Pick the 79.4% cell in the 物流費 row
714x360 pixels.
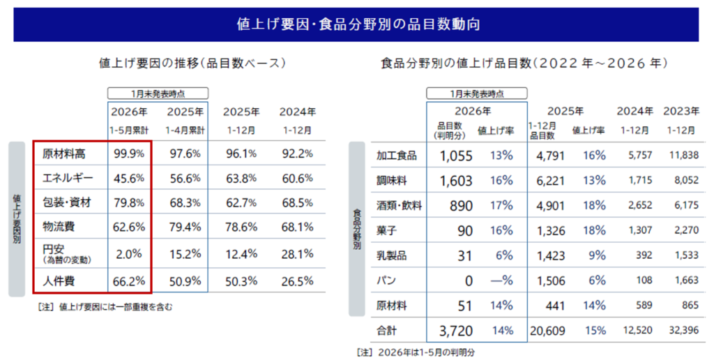click(x=185, y=227)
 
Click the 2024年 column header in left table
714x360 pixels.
click(x=297, y=112)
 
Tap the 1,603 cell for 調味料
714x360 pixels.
click(x=457, y=181)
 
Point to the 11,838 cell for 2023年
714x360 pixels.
click(x=681, y=156)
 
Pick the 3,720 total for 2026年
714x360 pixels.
click(x=456, y=331)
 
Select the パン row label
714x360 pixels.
click(x=384, y=281)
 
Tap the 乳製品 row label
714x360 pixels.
click(x=390, y=256)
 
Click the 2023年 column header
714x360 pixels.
click(x=681, y=111)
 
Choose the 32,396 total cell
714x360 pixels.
click(x=681, y=331)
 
